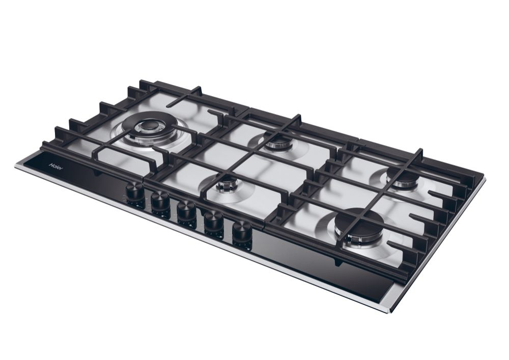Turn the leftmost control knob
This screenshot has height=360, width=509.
134,193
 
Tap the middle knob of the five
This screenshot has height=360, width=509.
187,212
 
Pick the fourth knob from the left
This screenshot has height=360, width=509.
214,222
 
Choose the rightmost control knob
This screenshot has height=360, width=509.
242,232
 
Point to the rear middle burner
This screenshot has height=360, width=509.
277,142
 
